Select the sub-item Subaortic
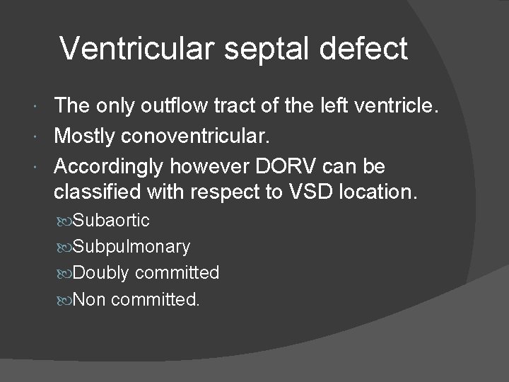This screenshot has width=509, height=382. [111, 220]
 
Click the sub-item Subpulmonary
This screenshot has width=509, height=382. [131, 246]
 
